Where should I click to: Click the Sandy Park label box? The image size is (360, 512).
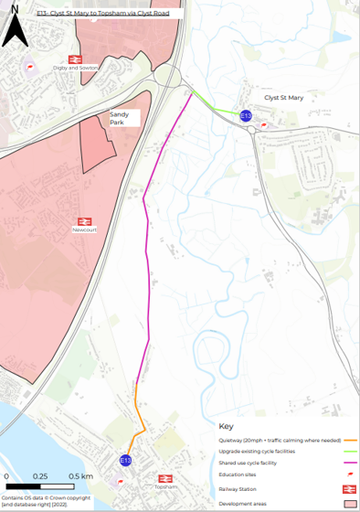(124, 117)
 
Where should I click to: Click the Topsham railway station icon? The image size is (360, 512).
(165, 477)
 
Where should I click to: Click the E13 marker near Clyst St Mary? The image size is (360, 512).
(245, 115)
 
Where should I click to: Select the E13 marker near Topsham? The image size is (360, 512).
(126, 460)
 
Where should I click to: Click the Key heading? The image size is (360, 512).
(227, 425)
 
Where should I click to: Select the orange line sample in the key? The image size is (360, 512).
(348, 439)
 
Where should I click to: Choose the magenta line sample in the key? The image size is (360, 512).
(348, 464)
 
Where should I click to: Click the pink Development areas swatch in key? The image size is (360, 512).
(349, 504)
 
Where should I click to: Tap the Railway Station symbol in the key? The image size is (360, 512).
(349, 490)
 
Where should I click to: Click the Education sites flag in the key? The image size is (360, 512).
(349, 476)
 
